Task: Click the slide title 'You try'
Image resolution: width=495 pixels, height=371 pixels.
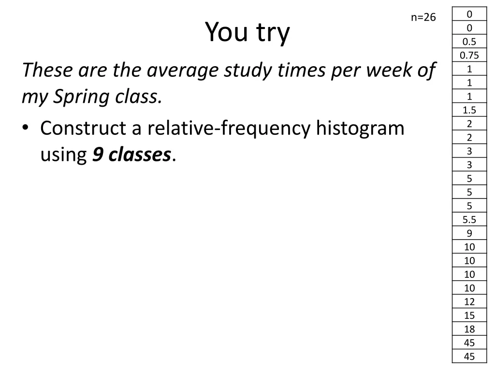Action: tap(247, 33)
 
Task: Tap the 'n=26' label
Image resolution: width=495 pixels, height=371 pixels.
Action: tap(423, 18)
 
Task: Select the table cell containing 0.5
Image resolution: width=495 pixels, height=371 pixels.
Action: tap(469, 42)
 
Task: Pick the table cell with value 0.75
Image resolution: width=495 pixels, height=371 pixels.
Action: tap(469, 55)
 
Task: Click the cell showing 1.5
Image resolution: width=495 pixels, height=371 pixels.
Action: tap(469, 110)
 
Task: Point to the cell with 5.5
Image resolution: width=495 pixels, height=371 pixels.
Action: tap(469, 220)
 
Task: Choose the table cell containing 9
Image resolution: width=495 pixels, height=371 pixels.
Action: tap(469, 233)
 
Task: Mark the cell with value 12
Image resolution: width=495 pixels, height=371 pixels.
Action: tap(469, 302)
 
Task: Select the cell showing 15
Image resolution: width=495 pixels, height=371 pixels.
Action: tap(469, 315)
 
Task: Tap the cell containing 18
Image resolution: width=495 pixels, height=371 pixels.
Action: tap(469, 329)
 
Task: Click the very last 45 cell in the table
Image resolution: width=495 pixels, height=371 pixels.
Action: tap(469, 357)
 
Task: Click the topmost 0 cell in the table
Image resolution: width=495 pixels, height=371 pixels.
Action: tap(469, 14)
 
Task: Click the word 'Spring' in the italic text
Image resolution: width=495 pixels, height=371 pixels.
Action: tap(82, 98)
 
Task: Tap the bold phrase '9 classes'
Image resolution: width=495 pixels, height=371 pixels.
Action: tap(131, 155)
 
